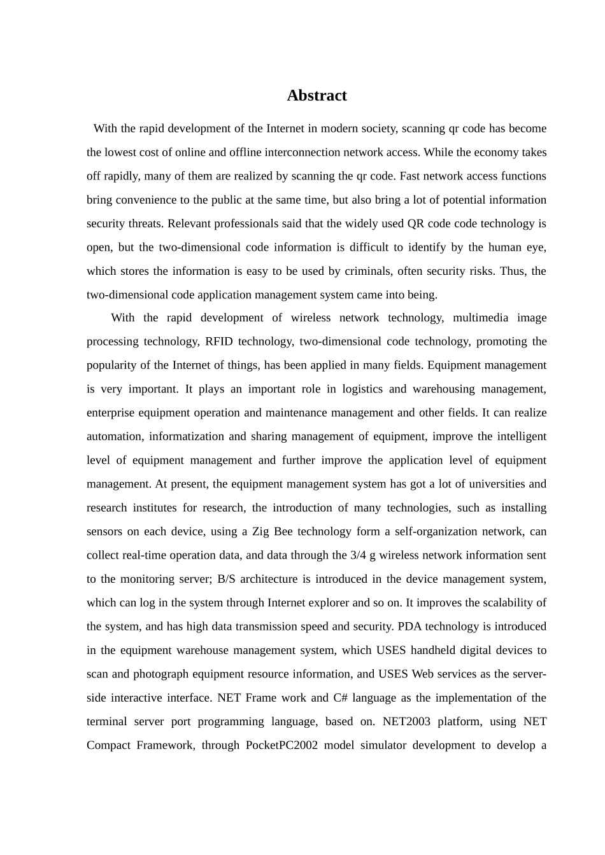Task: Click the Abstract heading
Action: (x=317, y=95)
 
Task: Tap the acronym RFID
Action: (x=218, y=342)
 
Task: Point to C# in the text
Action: (x=339, y=698)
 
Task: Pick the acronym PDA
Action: (x=409, y=627)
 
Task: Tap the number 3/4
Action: (x=358, y=555)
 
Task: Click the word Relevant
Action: (x=189, y=223)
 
